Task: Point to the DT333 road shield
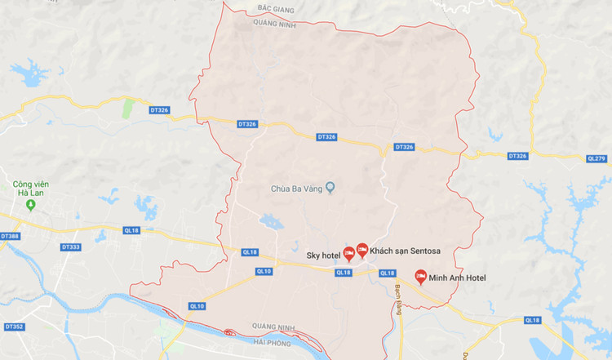70,247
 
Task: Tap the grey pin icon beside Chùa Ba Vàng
330,189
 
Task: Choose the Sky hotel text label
323,255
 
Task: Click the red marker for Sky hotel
348,253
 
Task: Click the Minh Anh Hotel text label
459,278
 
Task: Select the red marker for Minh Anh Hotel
421,277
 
